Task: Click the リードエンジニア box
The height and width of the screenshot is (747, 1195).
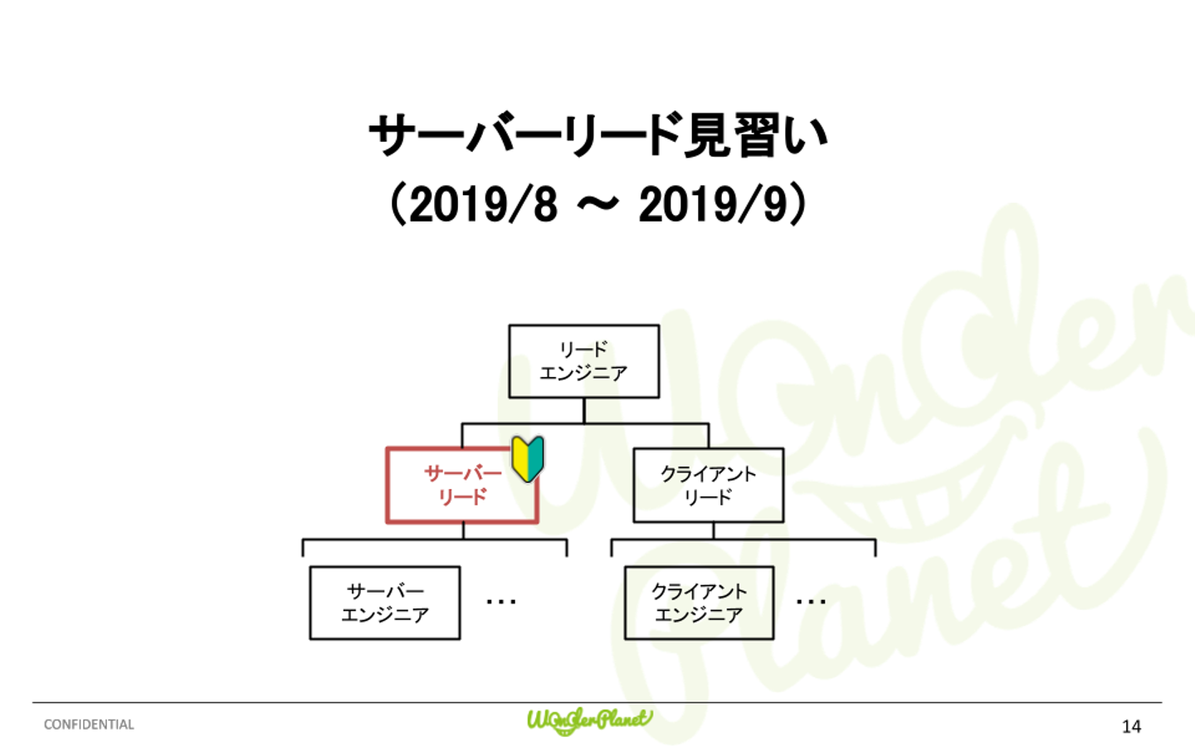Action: (x=583, y=361)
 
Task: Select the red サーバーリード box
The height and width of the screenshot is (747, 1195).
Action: (x=461, y=486)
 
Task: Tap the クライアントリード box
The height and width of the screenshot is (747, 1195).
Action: (x=708, y=486)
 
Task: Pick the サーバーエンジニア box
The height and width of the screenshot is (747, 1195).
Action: (x=384, y=603)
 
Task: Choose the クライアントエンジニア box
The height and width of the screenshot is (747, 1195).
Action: (x=699, y=603)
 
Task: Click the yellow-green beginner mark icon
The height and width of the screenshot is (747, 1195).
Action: (x=528, y=458)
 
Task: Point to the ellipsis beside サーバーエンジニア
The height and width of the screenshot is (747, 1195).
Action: (x=501, y=601)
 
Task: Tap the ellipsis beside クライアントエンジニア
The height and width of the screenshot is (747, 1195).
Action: (x=811, y=601)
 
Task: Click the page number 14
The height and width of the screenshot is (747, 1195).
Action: (x=1131, y=726)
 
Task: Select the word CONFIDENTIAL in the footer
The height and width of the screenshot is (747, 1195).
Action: (x=89, y=725)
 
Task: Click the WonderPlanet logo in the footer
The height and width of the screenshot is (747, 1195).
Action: (x=589, y=720)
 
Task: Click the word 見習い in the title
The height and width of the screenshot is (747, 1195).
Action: (x=755, y=135)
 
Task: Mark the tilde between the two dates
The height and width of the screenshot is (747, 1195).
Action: (x=597, y=204)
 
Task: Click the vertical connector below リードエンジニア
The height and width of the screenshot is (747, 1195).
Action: (x=584, y=411)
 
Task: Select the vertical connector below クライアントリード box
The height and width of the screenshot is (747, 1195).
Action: (x=713, y=531)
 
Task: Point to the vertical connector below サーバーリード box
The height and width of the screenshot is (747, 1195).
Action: (x=463, y=531)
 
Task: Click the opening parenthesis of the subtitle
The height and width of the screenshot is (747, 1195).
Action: (x=397, y=204)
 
